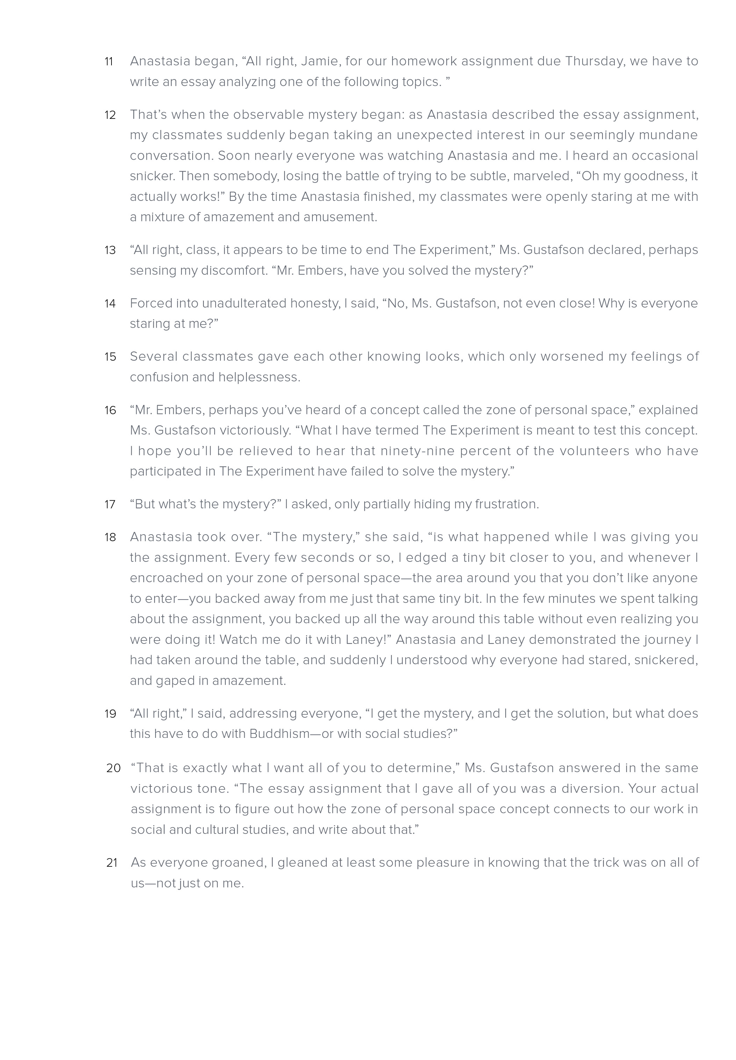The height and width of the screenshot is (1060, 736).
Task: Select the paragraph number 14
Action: point(110,304)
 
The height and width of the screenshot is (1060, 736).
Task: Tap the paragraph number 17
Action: point(110,504)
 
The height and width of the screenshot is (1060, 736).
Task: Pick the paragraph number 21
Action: point(112,863)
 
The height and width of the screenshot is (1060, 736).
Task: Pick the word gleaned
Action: point(302,863)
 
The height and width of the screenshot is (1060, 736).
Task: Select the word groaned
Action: point(238,863)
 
